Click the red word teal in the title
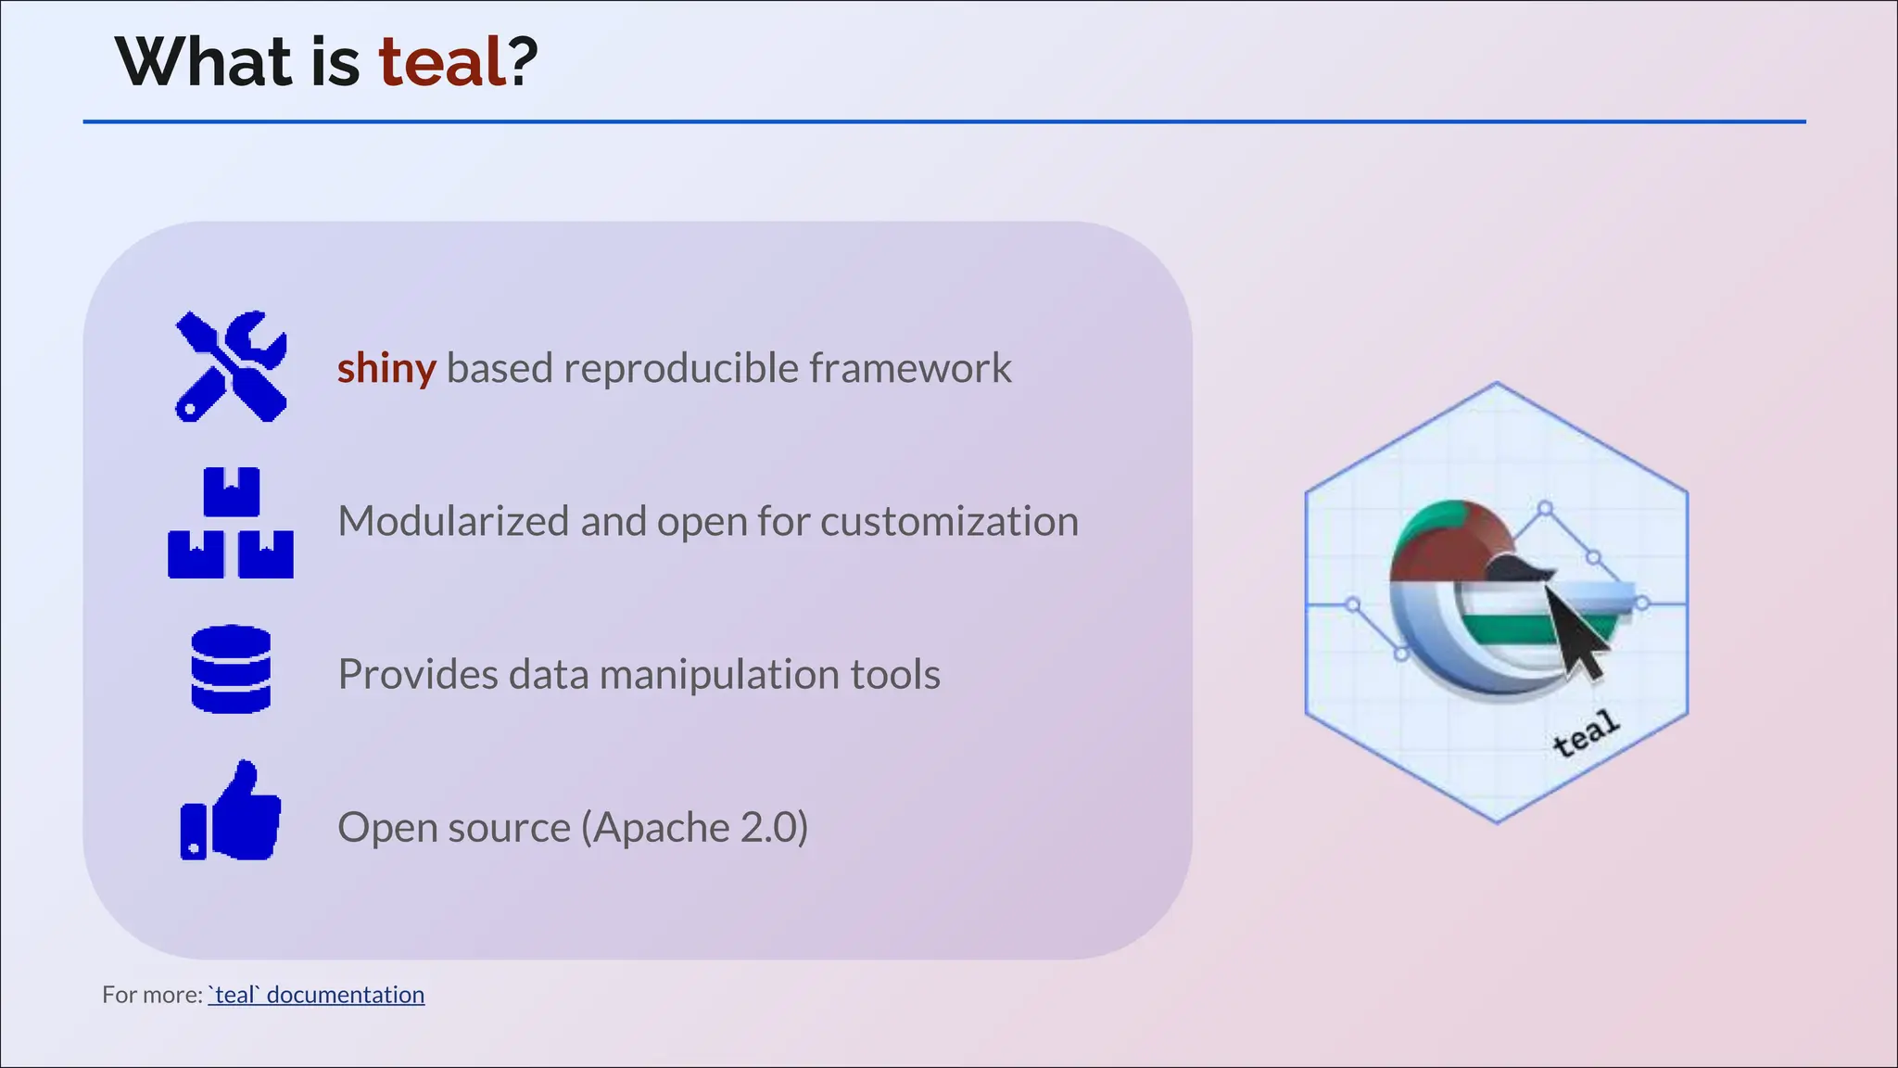tap(442, 63)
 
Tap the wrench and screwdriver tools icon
tap(231, 366)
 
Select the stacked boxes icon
tap(231, 523)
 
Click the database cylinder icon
tap(231, 669)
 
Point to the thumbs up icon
tap(231, 812)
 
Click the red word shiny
tap(386, 368)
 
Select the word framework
tap(910, 368)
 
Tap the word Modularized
tap(453, 521)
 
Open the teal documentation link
tap(316, 995)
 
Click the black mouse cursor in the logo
tap(1575, 632)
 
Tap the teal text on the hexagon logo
tap(1586, 733)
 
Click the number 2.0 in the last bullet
tap(768, 827)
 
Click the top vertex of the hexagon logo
tap(1497, 383)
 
